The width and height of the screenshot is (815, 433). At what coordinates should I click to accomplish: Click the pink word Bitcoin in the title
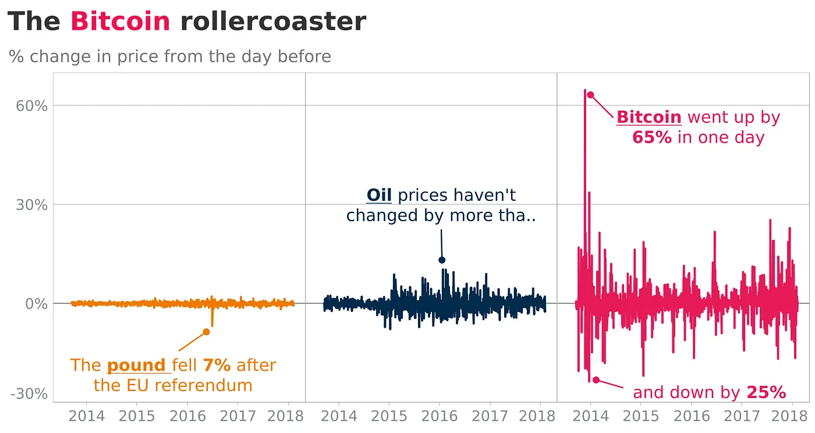120,22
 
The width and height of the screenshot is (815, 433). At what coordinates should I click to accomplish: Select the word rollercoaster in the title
273,22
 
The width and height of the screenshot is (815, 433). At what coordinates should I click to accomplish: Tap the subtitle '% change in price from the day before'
170,56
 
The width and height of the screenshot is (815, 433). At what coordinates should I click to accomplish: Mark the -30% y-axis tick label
29,394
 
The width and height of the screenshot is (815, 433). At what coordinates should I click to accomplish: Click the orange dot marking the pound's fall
206,332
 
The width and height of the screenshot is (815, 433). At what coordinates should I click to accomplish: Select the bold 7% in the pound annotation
217,365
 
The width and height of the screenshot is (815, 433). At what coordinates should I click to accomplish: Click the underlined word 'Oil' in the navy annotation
379,195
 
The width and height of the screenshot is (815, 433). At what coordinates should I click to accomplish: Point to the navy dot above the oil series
442,260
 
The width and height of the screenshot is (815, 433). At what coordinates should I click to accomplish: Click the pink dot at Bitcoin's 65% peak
590,95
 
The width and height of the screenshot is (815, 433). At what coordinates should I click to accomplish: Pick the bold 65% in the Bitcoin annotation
652,138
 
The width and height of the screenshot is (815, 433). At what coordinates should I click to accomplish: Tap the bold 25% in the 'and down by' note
766,393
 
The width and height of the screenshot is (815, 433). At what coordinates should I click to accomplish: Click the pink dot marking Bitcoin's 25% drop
596,380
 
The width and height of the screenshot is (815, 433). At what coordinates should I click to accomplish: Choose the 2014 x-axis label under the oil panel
339,417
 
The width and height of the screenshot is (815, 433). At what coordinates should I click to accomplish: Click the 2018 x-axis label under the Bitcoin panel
791,417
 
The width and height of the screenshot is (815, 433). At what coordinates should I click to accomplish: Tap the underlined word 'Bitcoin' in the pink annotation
649,118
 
